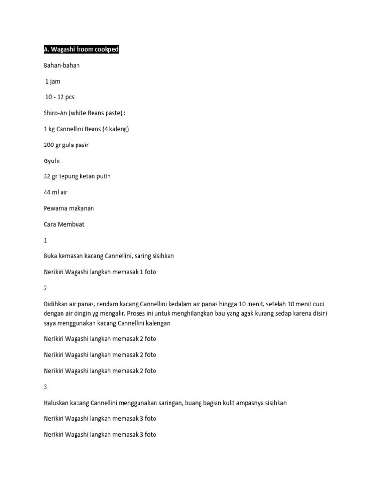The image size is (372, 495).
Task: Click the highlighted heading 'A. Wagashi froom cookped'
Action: pyautogui.click(x=81, y=50)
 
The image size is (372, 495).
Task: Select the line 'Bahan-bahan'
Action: pyautogui.click(x=62, y=65)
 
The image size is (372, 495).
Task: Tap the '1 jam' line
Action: pyautogui.click(x=53, y=81)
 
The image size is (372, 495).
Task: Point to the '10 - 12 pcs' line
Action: pyautogui.click(x=60, y=97)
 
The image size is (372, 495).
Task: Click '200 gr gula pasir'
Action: pyautogui.click(x=66, y=145)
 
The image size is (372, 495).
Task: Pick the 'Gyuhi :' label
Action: pyautogui.click(x=53, y=161)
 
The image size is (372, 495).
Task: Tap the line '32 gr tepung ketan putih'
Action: pyautogui.click(x=77, y=176)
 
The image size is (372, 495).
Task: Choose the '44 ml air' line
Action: pyautogui.click(x=56, y=192)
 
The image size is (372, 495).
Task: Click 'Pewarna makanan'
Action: pyautogui.click(x=69, y=208)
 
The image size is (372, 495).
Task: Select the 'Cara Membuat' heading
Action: pyautogui.click(x=64, y=224)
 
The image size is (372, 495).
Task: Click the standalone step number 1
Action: pyautogui.click(x=46, y=240)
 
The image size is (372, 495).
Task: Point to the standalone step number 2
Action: pyautogui.click(x=46, y=288)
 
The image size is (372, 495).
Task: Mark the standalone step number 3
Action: pyautogui.click(x=46, y=387)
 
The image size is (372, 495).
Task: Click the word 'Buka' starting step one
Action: pyautogui.click(x=50, y=256)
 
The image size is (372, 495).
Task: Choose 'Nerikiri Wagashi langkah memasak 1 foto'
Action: pyautogui.click(x=100, y=272)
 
